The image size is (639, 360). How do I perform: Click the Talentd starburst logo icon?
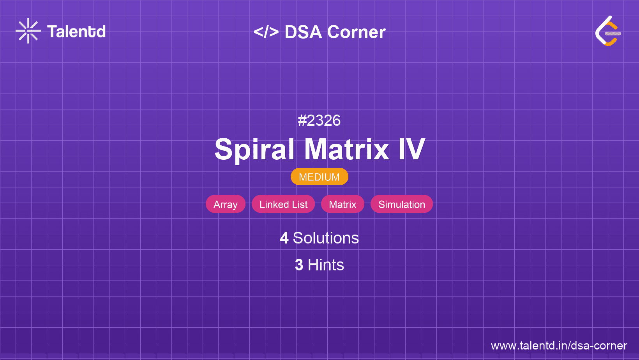tap(28, 31)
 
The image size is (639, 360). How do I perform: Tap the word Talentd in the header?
tap(76, 32)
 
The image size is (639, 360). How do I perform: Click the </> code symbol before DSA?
tap(266, 32)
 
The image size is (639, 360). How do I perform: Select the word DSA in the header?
tap(304, 32)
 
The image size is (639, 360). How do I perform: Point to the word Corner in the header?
tap(356, 32)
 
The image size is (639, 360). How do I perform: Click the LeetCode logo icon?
tap(608, 31)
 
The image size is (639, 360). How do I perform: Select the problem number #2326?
tap(319, 120)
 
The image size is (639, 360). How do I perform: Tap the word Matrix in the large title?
tap(347, 150)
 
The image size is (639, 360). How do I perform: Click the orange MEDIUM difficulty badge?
tap(319, 177)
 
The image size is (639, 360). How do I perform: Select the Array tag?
tap(226, 204)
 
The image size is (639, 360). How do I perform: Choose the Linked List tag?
tap(283, 204)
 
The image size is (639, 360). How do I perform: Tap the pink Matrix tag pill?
tap(342, 204)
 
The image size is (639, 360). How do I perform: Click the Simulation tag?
tap(402, 204)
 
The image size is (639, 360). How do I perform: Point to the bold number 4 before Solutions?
tap(284, 238)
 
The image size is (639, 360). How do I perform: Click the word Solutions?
tap(326, 238)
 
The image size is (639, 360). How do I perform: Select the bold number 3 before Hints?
tap(299, 265)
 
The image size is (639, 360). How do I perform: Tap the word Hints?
tap(326, 265)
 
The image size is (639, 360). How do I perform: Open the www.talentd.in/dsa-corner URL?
tap(559, 346)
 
